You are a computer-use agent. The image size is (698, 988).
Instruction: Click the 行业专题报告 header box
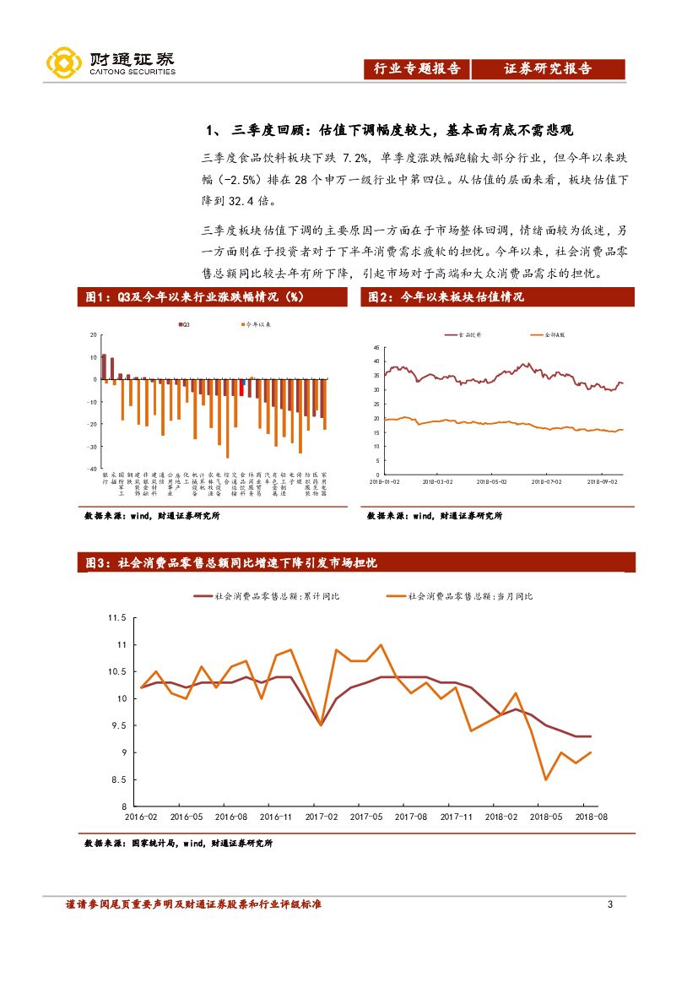pyautogui.click(x=418, y=69)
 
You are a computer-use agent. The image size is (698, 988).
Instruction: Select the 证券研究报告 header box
pyautogui.click(x=548, y=69)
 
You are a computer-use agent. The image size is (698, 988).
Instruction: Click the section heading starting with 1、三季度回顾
pyautogui.click(x=389, y=130)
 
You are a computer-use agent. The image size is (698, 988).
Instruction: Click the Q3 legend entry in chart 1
pyautogui.click(x=184, y=324)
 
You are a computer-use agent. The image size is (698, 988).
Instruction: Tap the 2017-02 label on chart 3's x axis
pyautogui.click(x=321, y=817)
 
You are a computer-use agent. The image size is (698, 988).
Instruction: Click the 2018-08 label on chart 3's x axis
pyautogui.click(x=592, y=817)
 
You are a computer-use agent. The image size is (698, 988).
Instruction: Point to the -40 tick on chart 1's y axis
pyautogui.click(x=93, y=469)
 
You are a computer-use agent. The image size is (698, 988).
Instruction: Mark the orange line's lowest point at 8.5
pyautogui.click(x=546, y=779)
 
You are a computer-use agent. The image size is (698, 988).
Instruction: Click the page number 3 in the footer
pyautogui.click(x=610, y=905)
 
